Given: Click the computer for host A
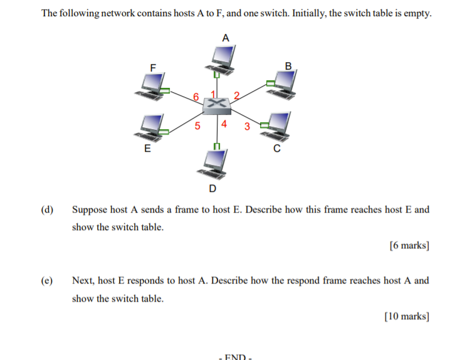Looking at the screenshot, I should pos(221,58).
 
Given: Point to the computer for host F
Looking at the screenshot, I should pos(152,85).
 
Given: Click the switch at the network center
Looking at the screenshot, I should pos(217,105).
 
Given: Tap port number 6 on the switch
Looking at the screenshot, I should pos(196,97).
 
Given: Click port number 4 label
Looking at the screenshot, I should pos(224,124).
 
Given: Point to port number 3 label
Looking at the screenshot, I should pos(246,126).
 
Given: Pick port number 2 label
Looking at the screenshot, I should pos(236,96).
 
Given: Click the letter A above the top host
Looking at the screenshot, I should pos(226,38).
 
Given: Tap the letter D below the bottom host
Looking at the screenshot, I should pos(212,188).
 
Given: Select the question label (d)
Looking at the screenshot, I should pos(48,209).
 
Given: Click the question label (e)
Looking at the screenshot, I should pos(48,280).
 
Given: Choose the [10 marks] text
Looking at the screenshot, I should pos(407,317).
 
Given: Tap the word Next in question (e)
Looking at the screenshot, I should pos(82,280).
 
